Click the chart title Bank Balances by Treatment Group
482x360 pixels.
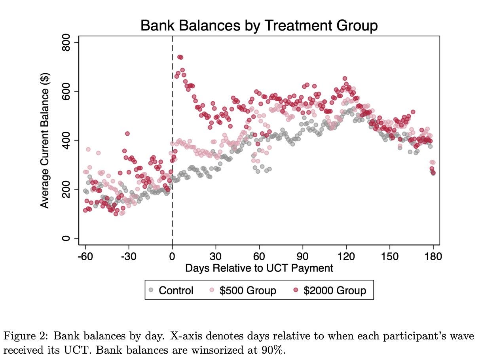click(259, 26)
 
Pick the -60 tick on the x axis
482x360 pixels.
click(85, 256)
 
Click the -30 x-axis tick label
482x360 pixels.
click(129, 256)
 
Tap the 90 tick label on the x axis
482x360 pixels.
click(303, 256)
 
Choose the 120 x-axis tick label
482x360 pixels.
click(346, 256)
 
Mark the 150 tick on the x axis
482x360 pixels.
click(390, 256)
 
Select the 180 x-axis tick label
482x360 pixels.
click(433, 256)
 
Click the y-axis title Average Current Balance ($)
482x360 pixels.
click(45, 140)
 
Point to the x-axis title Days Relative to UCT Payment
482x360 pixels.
click(259, 268)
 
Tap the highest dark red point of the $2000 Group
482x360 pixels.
click(180, 57)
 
